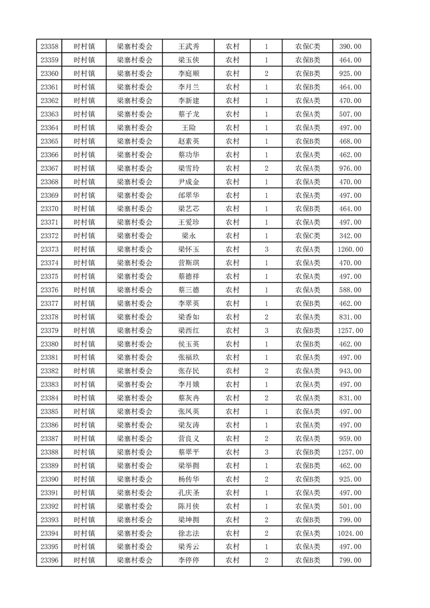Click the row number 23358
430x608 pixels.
[x=49, y=47]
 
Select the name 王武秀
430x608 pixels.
[x=189, y=47]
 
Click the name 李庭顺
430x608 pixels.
[x=189, y=74]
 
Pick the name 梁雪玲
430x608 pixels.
[x=189, y=169]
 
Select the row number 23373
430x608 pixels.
[x=49, y=249]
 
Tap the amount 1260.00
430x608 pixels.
[x=350, y=249]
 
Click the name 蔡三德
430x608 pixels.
[x=189, y=290]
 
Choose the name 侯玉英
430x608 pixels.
[x=189, y=344]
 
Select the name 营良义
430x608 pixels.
[x=189, y=438]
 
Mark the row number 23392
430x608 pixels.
[x=49, y=506]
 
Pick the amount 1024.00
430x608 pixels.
[x=350, y=533]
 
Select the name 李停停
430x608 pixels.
[x=189, y=560]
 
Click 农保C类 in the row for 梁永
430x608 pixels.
[x=307, y=236]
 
